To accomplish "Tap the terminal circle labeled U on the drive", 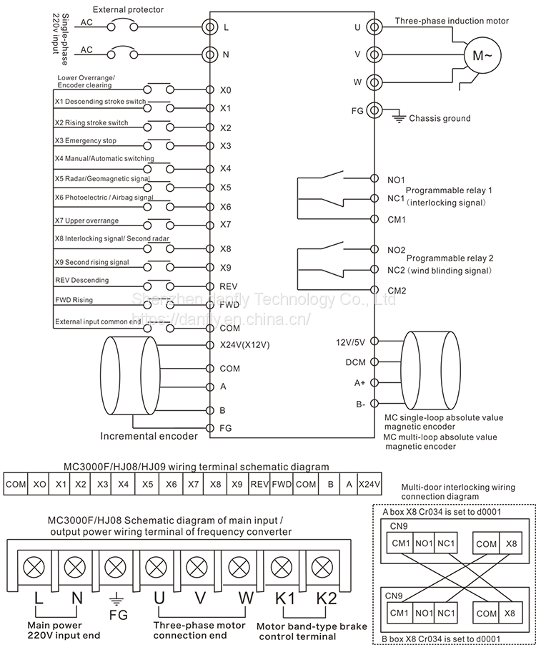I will (x=372, y=27).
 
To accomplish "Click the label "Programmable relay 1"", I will (x=450, y=190).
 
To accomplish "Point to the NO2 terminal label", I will (x=396, y=250).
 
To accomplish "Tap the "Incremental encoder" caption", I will (x=148, y=435).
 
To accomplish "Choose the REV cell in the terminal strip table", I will (x=259, y=484).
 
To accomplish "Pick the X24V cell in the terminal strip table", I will (x=369, y=484).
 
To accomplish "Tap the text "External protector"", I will (x=128, y=9).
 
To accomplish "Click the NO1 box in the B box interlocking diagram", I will (x=425, y=614).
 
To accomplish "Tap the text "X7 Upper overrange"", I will (x=86, y=220).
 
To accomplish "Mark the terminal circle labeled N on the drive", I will (x=209, y=54).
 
